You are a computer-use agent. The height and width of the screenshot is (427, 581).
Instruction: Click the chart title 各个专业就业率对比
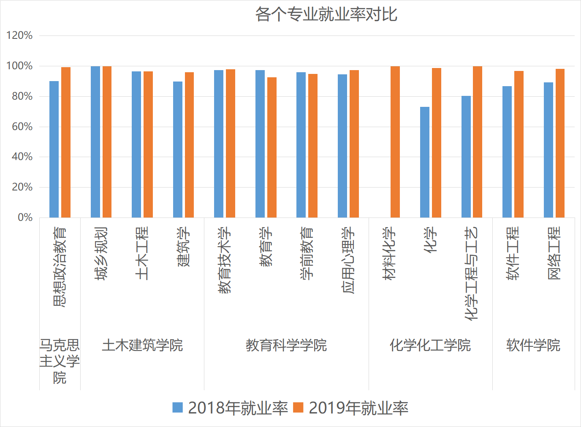pos(326,14)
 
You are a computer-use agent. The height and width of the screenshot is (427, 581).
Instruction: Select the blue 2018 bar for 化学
pos(425,162)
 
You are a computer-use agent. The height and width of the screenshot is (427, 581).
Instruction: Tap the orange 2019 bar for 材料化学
pos(395,142)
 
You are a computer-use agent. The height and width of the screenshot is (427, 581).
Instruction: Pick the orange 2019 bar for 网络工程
pos(560,143)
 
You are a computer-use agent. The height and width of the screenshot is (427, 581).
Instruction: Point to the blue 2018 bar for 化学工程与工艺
pos(466,157)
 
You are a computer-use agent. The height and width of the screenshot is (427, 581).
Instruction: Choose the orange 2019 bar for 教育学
pos(272,147)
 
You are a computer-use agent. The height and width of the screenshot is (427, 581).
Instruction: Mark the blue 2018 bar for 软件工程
pos(507,152)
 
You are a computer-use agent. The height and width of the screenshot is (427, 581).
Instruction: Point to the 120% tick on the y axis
pos(19,35)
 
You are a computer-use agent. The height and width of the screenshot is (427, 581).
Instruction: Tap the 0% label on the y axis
pos(25,218)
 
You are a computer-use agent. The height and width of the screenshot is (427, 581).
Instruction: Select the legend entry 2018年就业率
pos(230,408)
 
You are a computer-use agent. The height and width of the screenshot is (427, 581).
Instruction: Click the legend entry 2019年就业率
pos(351,408)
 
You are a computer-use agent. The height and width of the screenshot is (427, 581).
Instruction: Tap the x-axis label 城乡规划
pos(101,253)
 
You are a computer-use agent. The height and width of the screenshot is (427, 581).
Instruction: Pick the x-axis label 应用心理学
pos(348,260)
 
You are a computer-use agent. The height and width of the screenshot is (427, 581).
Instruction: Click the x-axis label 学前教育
pos(307,253)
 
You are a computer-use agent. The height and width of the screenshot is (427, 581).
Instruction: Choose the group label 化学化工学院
pos(430,345)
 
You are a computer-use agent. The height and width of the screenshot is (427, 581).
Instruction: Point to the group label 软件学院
pos(533,345)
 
